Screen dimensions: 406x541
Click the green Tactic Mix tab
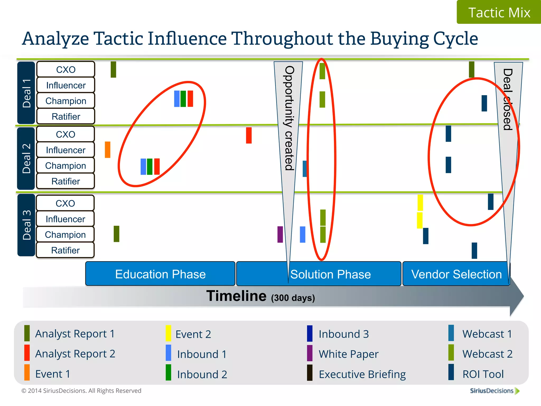pos(499,12)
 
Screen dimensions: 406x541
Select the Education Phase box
pos(160,274)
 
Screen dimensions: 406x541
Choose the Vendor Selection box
pos(456,274)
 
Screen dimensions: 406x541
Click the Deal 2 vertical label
pos(26,159)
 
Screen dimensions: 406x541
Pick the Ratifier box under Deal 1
pos(66,117)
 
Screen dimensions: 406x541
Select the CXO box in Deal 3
pos(65,203)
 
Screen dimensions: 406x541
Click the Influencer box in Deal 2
pos(66,150)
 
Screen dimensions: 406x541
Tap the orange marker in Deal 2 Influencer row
pos(108,150)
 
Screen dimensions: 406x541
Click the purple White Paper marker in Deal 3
pos(280,234)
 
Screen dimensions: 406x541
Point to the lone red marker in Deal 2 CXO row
pos(249,135)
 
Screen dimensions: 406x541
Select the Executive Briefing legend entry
pos(362,374)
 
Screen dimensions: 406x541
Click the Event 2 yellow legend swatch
pos(168,334)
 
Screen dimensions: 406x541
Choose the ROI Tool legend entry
pos(483,374)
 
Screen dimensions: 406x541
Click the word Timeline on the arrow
pos(236,296)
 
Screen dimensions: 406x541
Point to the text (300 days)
pos(293,298)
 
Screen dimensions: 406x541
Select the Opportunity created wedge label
pos(289,118)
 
